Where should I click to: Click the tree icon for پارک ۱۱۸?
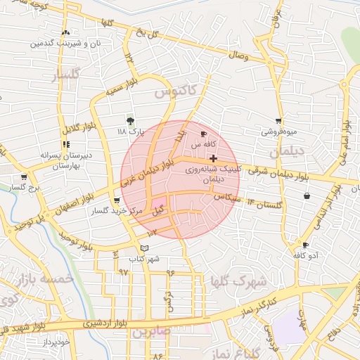129,120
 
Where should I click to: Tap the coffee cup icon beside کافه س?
204,134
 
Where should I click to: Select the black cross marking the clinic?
213,159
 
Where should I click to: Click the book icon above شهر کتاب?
144,248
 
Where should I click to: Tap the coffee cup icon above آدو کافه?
305,245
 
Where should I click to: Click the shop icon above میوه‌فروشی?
279,121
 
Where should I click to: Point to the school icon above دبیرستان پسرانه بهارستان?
66,144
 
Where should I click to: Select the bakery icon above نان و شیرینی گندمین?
65,32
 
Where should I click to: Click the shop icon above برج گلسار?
25,177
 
